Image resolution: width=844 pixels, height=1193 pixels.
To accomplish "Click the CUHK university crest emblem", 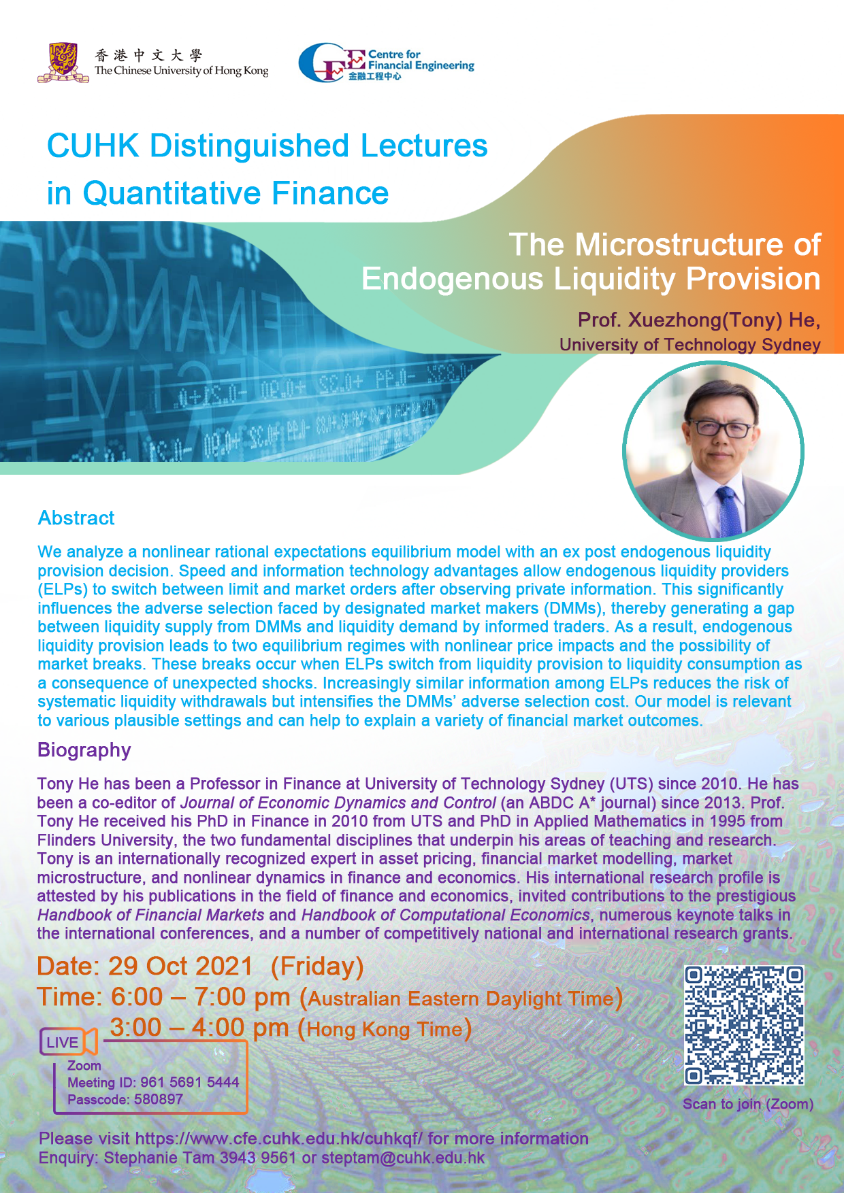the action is [63, 63].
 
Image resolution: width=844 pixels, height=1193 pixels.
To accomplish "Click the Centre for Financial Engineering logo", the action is [386, 63].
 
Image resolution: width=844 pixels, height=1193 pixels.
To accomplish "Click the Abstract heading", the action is [76, 518].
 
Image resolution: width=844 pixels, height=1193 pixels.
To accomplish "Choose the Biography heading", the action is [84, 750].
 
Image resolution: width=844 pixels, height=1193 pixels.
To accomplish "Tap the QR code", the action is [744, 1025].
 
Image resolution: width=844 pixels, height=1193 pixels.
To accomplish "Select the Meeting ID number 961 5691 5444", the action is [190, 1082].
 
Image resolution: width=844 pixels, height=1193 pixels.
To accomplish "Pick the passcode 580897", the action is [159, 1099].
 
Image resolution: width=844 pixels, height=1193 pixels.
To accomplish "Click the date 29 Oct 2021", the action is [180, 967].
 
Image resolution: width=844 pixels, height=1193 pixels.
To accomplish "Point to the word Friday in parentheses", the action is [317, 967].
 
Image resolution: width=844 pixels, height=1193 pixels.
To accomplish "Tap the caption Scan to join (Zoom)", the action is [748, 1104].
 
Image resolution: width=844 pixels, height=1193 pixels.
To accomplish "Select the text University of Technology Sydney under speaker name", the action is [690, 345].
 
